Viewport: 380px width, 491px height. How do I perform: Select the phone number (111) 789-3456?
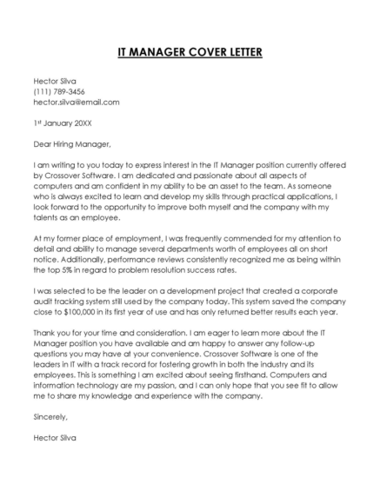(x=59, y=91)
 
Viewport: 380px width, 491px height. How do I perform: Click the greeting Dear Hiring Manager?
(x=72, y=143)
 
